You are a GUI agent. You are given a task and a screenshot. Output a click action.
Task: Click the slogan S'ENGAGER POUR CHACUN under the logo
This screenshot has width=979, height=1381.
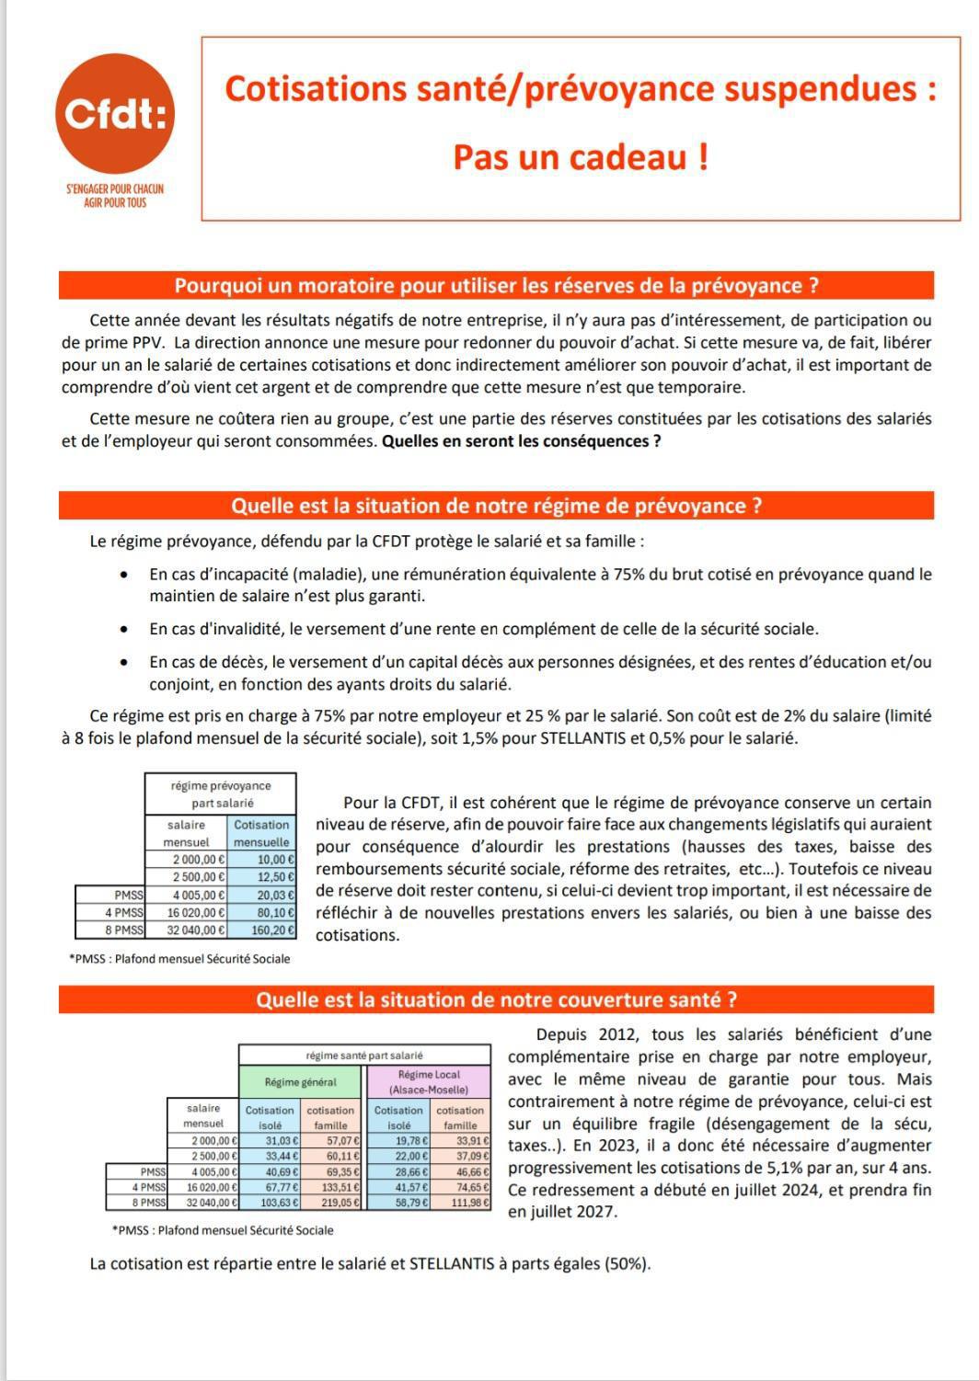click(x=115, y=188)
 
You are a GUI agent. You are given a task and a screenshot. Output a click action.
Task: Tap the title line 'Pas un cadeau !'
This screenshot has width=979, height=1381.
click(x=581, y=157)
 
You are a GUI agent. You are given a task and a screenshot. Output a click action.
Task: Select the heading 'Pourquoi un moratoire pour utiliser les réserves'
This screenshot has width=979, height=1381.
click(x=496, y=286)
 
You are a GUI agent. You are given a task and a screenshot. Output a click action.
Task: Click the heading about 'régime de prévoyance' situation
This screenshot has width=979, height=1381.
click(x=496, y=506)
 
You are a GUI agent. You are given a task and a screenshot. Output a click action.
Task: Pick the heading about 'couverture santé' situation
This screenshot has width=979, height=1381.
click(x=496, y=999)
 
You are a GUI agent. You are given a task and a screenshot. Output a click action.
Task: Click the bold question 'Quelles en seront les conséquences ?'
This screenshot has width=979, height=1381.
click(x=521, y=440)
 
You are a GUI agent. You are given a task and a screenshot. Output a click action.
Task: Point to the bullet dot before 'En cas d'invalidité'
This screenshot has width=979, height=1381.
click(x=123, y=630)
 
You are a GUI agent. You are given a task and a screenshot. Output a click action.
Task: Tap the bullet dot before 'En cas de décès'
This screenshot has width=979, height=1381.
click(x=123, y=663)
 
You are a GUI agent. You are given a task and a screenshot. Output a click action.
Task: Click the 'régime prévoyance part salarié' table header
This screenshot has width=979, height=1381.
click(x=221, y=794)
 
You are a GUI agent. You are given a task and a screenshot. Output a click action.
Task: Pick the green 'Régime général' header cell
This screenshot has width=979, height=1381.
click(x=301, y=1081)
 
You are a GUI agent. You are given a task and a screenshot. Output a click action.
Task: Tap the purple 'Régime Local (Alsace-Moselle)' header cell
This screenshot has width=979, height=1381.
click(x=429, y=1081)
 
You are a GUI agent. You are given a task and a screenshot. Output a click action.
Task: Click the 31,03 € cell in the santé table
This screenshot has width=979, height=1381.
click(x=271, y=1141)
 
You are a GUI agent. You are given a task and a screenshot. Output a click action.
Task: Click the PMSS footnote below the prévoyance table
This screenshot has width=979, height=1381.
click(x=179, y=959)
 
